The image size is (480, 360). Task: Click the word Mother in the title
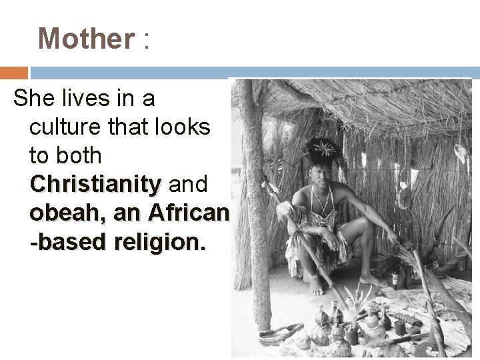86,39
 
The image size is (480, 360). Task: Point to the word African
191,213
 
